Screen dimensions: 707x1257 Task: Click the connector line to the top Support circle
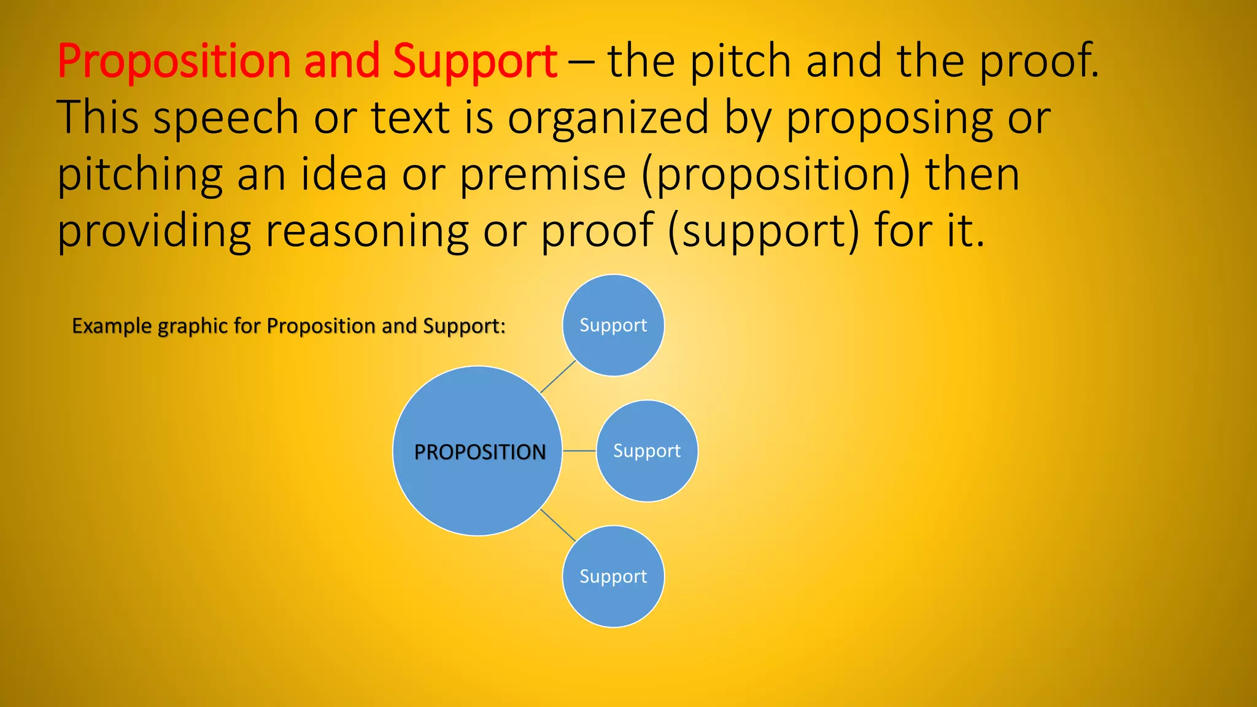click(x=558, y=376)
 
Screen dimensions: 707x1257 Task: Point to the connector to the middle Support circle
click(x=579, y=451)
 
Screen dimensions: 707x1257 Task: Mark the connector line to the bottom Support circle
click(x=558, y=525)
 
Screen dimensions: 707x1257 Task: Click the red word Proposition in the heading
click(x=174, y=62)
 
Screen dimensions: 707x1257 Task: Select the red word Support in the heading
click(x=474, y=62)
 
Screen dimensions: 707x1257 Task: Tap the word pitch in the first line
click(x=741, y=62)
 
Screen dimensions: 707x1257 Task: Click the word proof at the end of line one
click(x=1037, y=62)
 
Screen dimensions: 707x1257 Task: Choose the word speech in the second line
click(x=225, y=118)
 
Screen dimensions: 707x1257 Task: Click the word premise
click(x=543, y=175)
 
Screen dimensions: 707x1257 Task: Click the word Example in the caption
click(x=112, y=326)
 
